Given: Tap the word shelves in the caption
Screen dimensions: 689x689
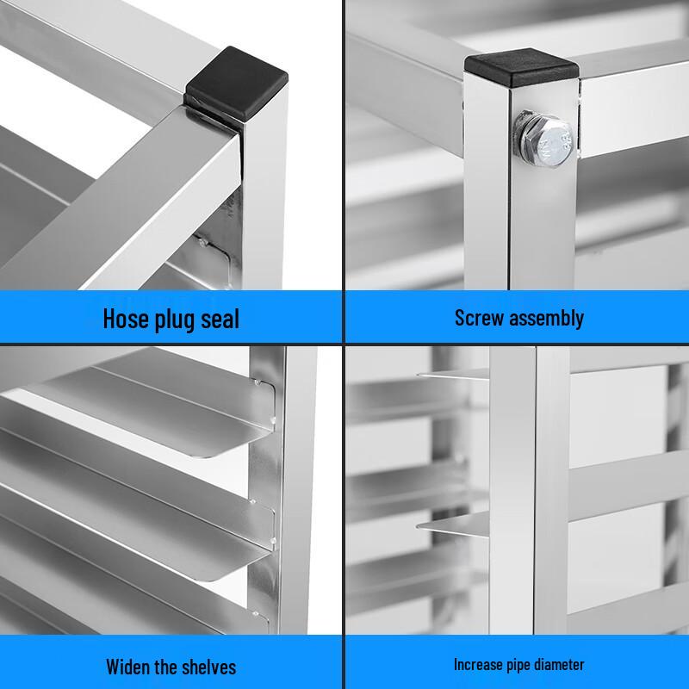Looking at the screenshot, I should (x=207, y=667).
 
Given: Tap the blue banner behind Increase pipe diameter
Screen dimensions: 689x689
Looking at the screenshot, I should (x=637, y=664).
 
